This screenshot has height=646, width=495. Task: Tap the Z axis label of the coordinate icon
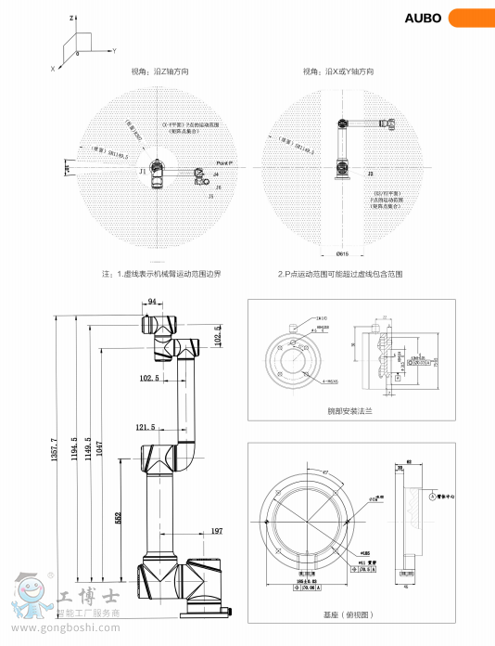tap(71, 18)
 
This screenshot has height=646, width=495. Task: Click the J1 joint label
tap(142, 172)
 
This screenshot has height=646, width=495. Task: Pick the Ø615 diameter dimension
tap(342, 253)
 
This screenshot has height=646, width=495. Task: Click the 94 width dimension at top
tap(152, 302)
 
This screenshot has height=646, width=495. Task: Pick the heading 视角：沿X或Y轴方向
tap(338, 71)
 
